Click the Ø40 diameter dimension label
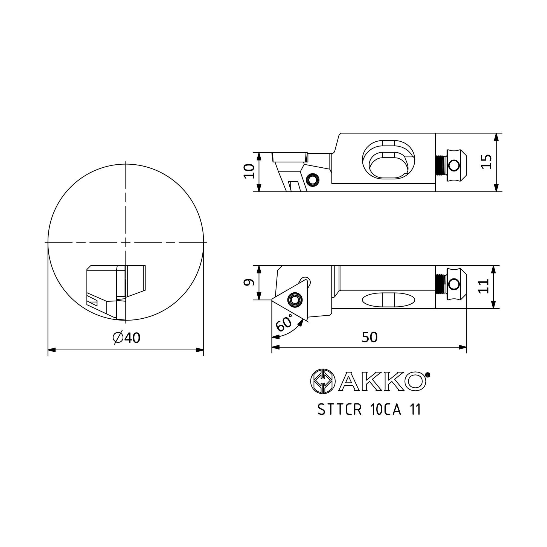[127, 337]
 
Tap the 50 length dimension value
[369, 337]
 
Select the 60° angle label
[284, 323]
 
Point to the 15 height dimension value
[486, 162]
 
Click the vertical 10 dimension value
[249, 171]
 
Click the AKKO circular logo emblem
[323, 381]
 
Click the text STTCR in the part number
[340, 409]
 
